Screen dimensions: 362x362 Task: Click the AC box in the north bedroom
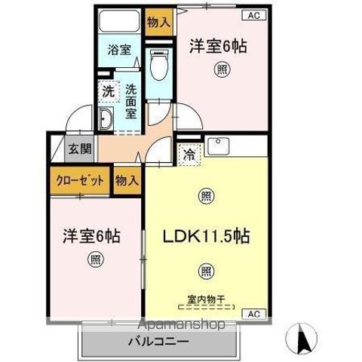[x=254, y=15]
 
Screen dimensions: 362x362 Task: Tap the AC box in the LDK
[x=254, y=314]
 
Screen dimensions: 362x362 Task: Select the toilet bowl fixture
[x=159, y=65]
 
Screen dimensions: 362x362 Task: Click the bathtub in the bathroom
[x=119, y=20]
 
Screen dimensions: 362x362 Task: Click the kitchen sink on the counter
[x=218, y=146]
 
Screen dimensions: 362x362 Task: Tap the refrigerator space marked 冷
[x=189, y=155]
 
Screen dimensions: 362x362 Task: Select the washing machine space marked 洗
[x=109, y=91]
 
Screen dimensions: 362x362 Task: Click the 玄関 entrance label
[x=80, y=149]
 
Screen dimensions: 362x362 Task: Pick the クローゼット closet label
[x=80, y=180]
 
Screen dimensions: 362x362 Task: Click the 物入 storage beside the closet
[x=127, y=180]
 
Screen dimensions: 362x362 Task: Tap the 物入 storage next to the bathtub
[x=159, y=23]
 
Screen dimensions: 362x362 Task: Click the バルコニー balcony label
[x=158, y=342]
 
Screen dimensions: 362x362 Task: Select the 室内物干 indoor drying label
[x=206, y=299]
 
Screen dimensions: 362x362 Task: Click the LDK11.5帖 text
[x=207, y=236]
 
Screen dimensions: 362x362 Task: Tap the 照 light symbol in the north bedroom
[x=222, y=69]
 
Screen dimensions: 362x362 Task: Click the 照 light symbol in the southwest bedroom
[x=96, y=259]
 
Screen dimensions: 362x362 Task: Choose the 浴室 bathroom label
[x=119, y=50]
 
